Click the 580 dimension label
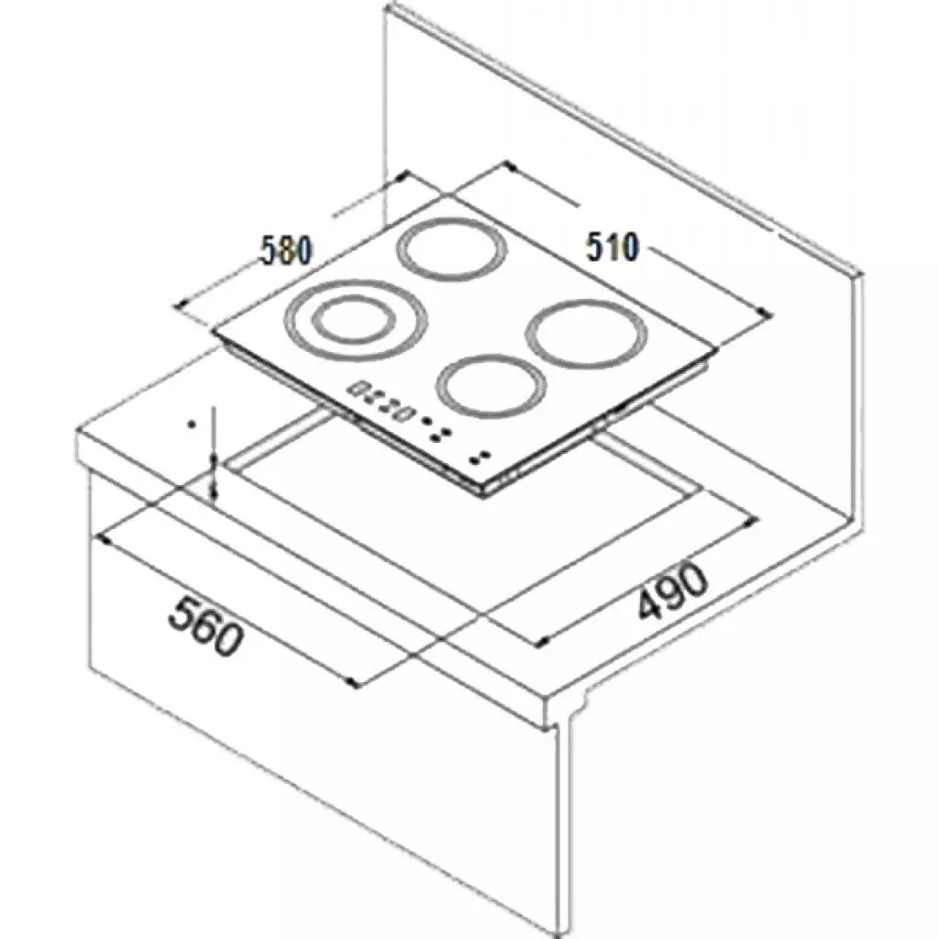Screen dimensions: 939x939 (x=285, y=250)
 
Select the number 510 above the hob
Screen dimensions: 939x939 (x=612, y=247)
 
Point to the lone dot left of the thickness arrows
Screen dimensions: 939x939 (x=191, y=425)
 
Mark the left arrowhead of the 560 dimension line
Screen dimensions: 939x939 (x=103, y=539)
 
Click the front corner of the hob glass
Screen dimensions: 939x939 (x=484, y=491)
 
